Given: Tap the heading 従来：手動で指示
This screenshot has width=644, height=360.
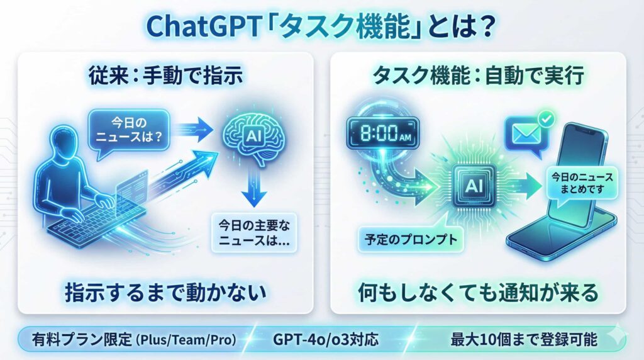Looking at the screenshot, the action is pos(165,76).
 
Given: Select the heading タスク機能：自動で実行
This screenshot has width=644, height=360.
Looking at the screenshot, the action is pos(478,76).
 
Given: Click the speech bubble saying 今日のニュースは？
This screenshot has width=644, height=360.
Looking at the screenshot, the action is pos(129,132).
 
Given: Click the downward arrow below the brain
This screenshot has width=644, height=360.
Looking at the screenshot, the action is pos(254,188).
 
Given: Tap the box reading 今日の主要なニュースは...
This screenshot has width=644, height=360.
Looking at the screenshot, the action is pos(254,233).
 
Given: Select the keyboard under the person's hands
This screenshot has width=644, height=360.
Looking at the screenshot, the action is pos(96,222).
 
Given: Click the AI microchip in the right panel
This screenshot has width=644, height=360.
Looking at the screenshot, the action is pos(474,186).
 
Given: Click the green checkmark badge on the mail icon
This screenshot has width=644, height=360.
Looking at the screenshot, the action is pos(547,120).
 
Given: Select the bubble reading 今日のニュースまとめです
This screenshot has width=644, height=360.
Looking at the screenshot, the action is pos(582,183).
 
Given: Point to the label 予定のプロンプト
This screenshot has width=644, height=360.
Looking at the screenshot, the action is pos(411,239).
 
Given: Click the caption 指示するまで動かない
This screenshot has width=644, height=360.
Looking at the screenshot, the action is pos(165,293).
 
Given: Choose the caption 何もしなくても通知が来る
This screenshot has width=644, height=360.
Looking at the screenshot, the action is pos(478,293).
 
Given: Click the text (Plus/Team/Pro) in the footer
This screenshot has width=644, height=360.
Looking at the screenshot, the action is pos(186,340).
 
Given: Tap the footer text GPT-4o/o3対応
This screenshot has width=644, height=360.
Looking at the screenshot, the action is pos(325,340).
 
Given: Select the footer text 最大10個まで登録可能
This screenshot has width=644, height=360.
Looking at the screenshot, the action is pos(524,340).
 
